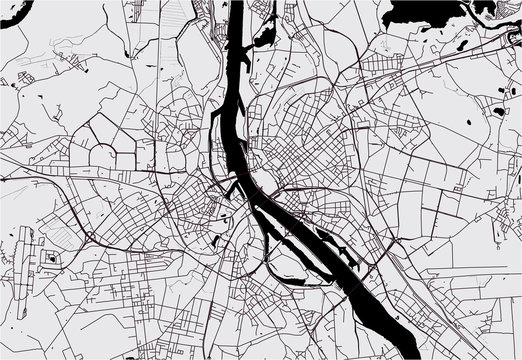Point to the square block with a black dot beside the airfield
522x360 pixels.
pos(51,257)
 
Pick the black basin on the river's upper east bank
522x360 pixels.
pos(265,36)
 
